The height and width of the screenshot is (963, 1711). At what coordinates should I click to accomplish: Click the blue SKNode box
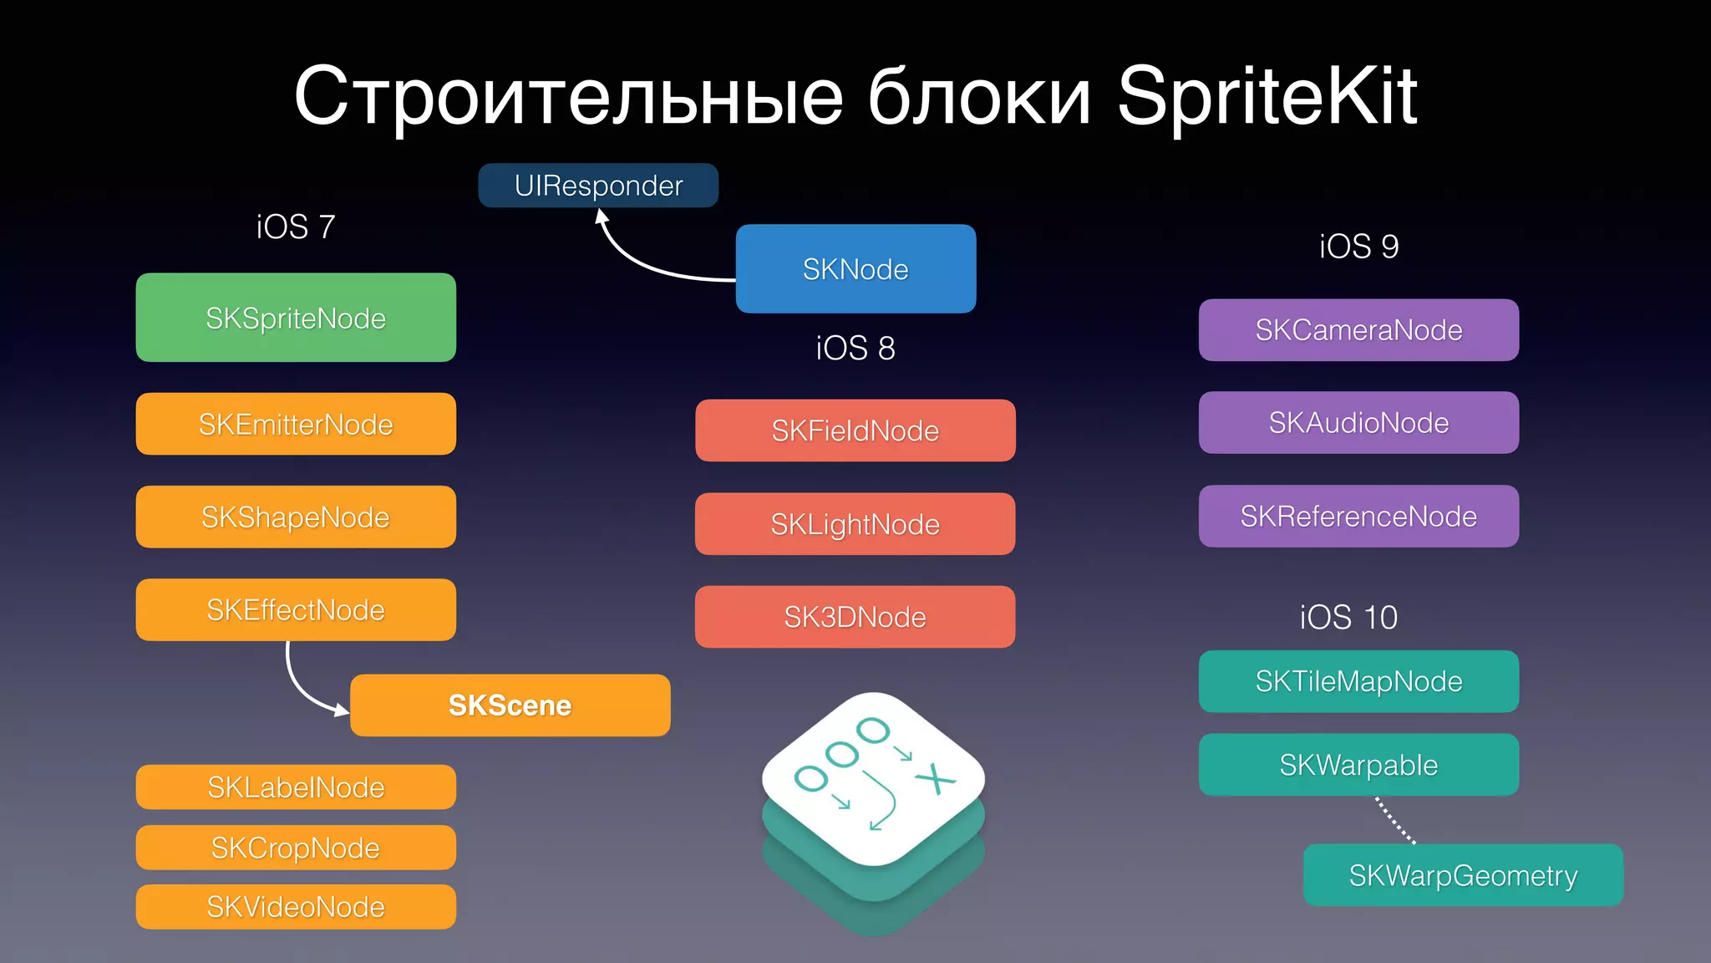coord(855,268)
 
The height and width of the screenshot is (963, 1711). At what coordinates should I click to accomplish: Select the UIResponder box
coord(598,185)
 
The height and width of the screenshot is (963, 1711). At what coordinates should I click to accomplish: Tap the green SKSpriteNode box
coord(296,318)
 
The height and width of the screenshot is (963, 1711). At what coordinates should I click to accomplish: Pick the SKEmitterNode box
coord(296,424)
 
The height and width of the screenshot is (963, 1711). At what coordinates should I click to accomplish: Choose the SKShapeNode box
coord(296,517)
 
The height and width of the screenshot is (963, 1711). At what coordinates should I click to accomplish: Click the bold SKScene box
coord(510,705)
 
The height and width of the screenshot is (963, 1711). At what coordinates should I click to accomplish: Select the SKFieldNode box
coord(855,431)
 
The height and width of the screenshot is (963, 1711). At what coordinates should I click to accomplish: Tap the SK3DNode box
coord(855,617)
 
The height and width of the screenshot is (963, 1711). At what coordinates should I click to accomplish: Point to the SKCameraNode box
coord(1358,329)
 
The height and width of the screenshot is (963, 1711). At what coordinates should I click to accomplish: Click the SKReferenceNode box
coord(1358,516)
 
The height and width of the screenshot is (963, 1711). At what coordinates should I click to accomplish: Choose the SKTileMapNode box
coord(1358,681)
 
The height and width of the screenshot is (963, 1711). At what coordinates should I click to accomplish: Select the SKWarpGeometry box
coord(1463,875)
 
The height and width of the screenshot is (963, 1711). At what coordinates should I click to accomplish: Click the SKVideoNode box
coord(296,907)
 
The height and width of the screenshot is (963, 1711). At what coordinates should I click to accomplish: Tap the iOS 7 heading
coord(296,227)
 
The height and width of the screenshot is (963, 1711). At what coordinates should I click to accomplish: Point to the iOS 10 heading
coord(1348,617)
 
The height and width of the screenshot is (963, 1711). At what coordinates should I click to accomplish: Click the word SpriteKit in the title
coord(1267,96)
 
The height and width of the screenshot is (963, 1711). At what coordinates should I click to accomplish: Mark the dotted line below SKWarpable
coord(1395,820)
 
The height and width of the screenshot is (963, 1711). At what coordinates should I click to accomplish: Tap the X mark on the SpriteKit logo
coord(935,779)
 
